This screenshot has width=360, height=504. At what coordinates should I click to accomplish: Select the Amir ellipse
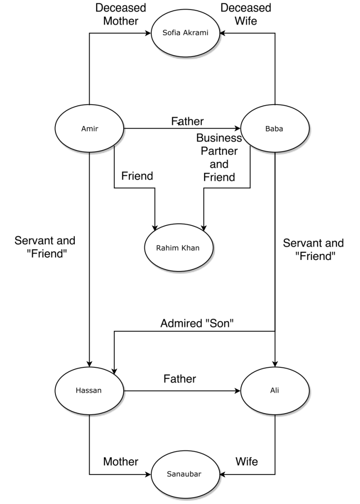click(x=89, y=128)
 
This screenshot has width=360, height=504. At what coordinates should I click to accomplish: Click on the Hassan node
click(x=89, y=391)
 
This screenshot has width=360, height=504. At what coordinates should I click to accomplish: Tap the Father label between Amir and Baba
click(x=187, y=121)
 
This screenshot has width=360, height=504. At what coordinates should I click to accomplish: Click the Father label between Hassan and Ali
click(x=180, y=379)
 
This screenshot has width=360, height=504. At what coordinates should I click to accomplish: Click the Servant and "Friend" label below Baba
click(x=313, y=250)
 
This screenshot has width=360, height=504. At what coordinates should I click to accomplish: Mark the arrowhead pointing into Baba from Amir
click(x=237, y=128)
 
